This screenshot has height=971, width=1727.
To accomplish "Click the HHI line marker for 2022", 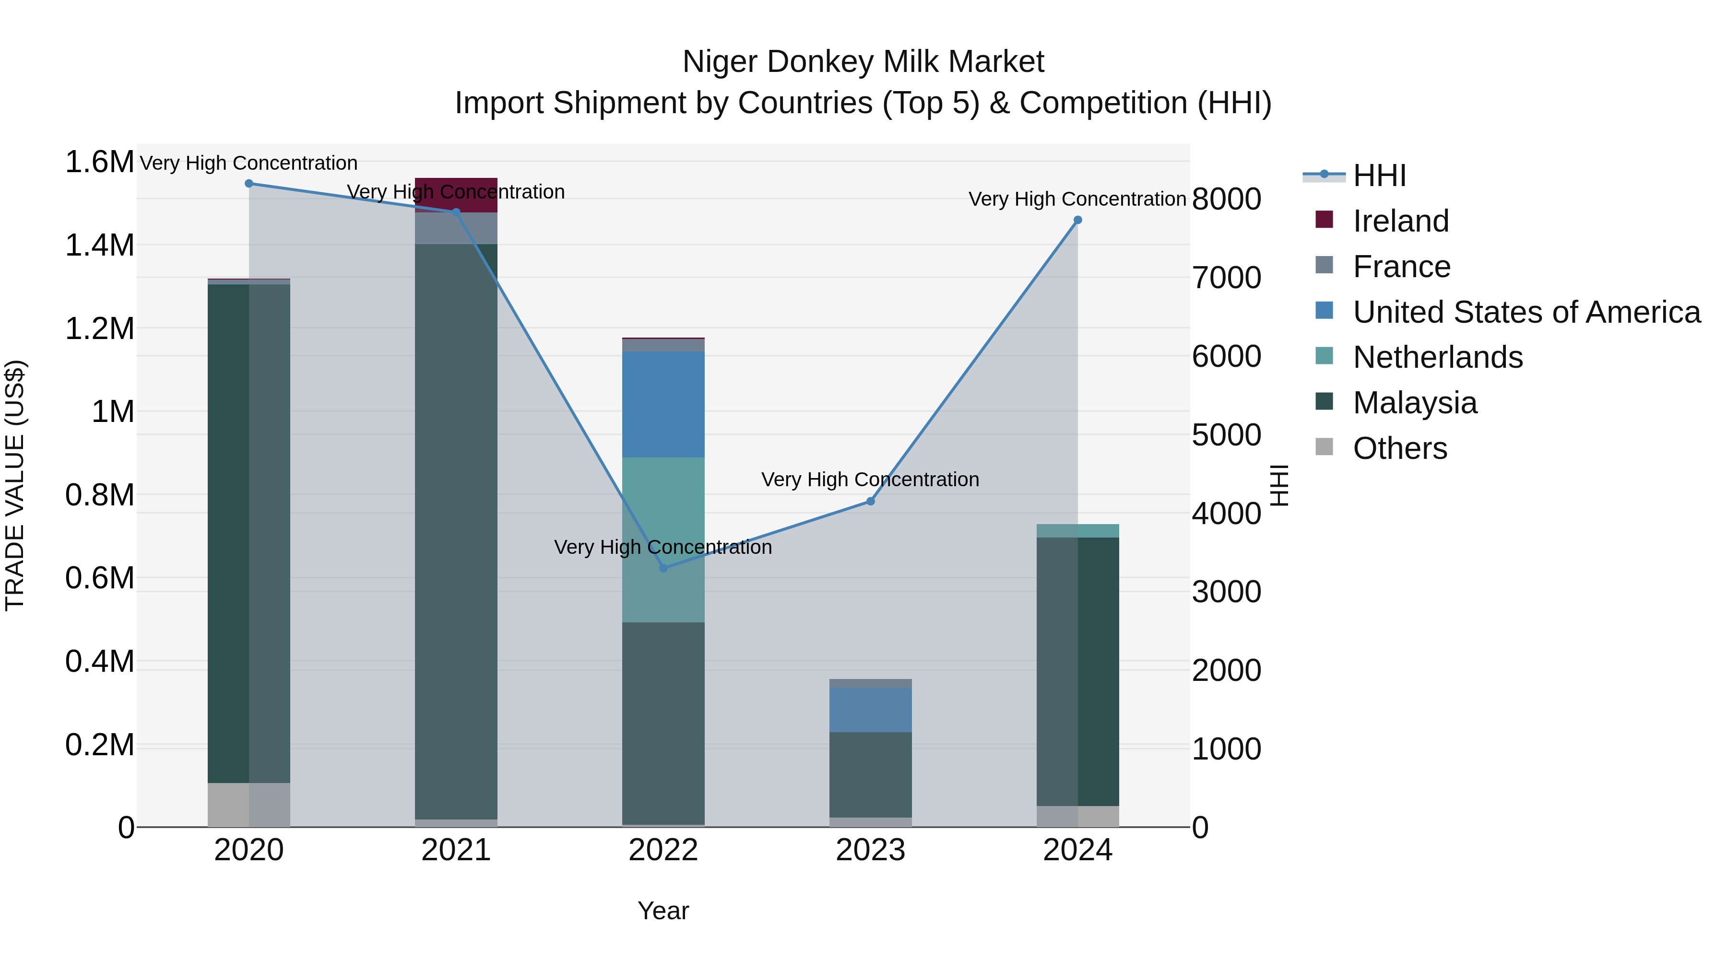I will (x=663, y=568).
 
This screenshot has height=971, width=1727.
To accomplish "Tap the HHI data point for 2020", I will (x=248, y=183).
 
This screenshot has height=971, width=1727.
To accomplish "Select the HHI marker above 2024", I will (x=1077, y=220).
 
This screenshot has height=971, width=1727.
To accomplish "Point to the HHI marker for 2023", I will (x=870, y=501).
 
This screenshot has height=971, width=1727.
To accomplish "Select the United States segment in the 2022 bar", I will (x=663, y=404).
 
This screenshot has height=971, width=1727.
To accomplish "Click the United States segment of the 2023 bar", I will (x=870, y=710).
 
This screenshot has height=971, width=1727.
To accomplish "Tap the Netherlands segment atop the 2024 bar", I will (x=1077, y=531).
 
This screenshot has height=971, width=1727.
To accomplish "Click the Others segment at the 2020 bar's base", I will (x=248, y=804).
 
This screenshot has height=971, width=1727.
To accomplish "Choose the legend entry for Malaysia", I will (x=1415, y=403).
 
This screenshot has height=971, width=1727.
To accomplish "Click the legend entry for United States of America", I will (x=1526, y=312).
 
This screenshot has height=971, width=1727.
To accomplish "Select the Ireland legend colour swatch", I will (x=1324, y=220).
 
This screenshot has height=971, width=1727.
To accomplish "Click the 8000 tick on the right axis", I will (x=1226, y=199).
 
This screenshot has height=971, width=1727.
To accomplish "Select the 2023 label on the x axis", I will (x=870, y=850).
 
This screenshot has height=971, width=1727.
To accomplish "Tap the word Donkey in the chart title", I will (x=820, y=62).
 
